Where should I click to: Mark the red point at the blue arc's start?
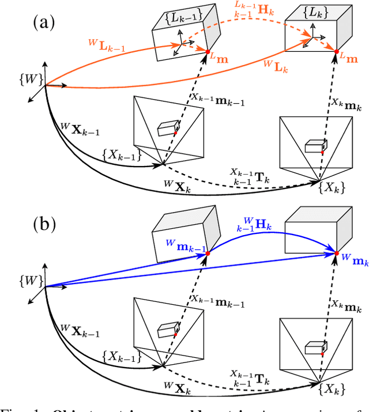(207, 252)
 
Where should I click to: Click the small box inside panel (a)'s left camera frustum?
(167, 128)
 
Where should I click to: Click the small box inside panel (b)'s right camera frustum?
(315, 347)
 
